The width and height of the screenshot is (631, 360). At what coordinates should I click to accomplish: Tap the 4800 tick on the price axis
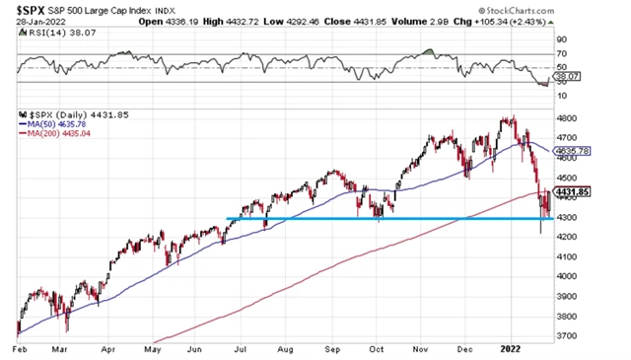tap(569, 117)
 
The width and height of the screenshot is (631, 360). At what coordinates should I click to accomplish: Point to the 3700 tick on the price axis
tap(569, 336)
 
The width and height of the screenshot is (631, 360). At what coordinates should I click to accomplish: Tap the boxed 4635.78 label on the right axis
tap(572, 152)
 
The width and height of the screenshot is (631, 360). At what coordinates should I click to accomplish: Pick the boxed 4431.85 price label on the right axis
tap(572, 192)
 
